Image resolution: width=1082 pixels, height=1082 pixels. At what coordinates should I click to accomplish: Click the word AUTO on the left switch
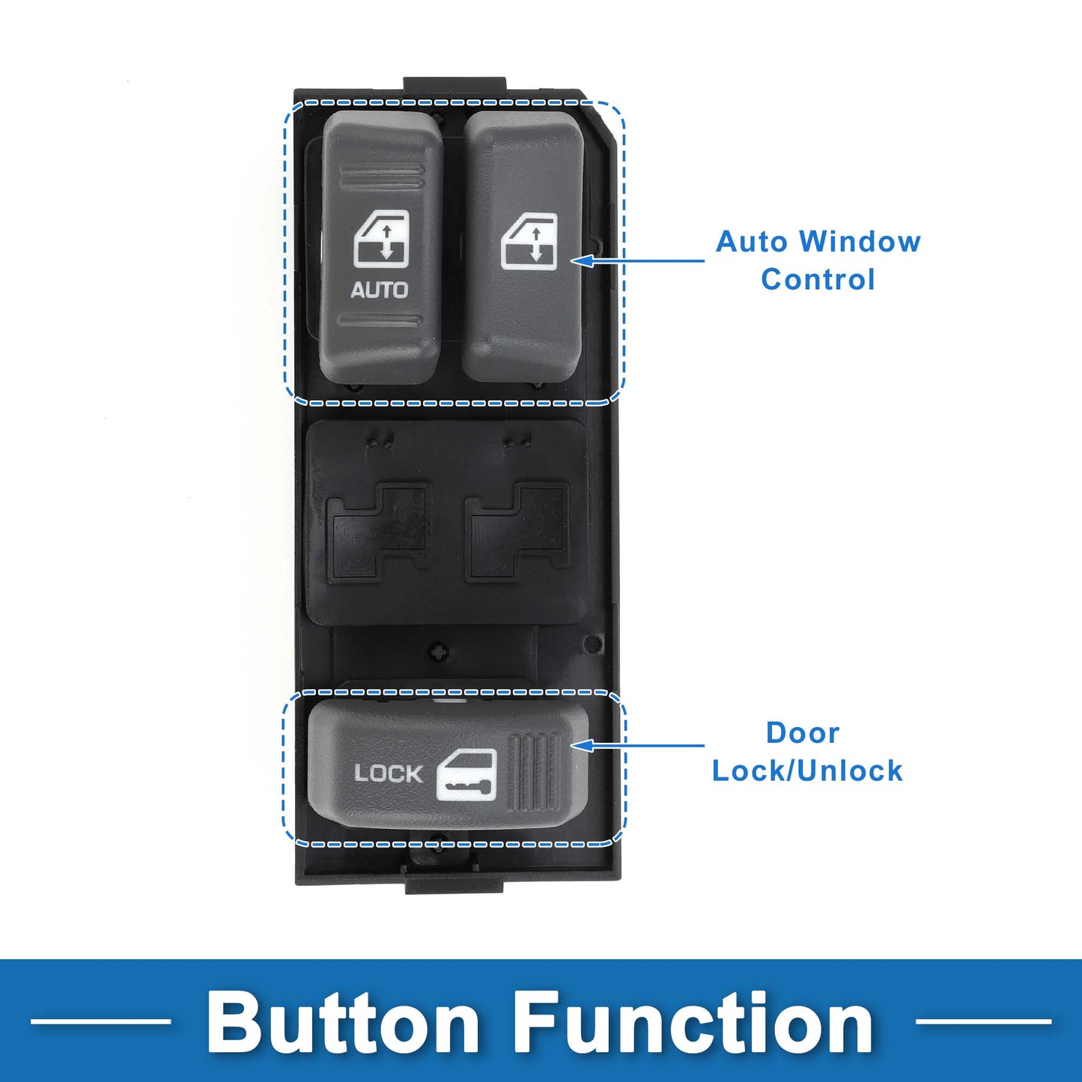coord(379,290)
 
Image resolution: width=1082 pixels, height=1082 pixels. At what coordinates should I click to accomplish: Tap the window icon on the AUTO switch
coord(381,239)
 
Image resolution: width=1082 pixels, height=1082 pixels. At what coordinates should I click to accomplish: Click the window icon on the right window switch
coord(529,241)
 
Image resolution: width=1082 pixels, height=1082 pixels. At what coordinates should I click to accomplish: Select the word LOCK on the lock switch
coord(388,773)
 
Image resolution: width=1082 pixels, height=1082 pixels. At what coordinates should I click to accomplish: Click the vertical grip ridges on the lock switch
coord(533,774)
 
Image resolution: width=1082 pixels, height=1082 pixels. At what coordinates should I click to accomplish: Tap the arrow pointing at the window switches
coord(637,261)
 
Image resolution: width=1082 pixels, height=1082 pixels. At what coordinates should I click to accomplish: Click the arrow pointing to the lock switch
coord(637,746)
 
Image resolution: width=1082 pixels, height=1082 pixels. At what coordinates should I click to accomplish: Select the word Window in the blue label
coord(860,242)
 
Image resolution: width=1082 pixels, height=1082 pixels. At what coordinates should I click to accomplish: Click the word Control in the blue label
coord(818,279)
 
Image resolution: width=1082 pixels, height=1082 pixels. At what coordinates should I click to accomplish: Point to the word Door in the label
coord(803,733)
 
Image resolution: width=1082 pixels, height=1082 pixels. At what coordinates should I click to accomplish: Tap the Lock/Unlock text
coord(807,771)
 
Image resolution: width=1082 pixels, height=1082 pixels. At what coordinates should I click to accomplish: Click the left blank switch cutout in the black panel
coord(380,531)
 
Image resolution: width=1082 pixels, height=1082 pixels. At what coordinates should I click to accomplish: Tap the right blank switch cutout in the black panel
coord(517,531)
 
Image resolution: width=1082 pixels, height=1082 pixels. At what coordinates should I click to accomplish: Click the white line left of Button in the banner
coord(100,1021)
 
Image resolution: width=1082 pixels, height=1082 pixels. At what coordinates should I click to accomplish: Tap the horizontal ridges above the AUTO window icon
coord(381,177)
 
